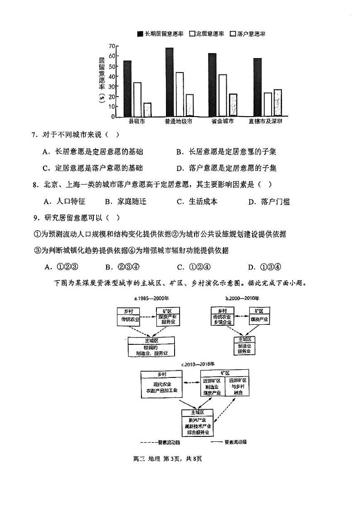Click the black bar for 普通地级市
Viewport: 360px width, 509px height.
[170, 82]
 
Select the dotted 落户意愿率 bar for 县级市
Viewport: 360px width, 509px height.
[147, 109]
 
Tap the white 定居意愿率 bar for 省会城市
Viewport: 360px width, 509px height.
[222, 95]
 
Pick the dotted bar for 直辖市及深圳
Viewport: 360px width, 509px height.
[277, 103]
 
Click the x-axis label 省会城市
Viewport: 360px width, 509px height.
[222, 122]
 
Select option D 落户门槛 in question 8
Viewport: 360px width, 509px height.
[269, 202]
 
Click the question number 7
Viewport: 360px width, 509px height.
[34, 134]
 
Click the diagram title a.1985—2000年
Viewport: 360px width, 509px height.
[151, 299]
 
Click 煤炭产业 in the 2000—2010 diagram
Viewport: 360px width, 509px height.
[259, 319]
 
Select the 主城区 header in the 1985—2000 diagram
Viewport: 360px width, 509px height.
[150, 340]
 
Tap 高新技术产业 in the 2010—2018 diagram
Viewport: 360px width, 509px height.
[197, 426]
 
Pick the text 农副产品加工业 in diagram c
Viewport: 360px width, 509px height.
[162, 391]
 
